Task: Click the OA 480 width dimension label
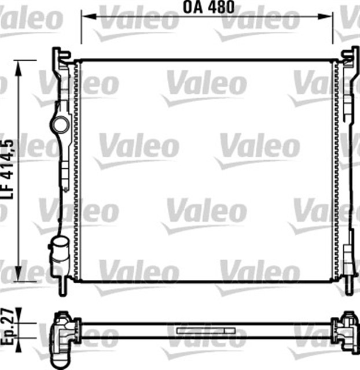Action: pos(209,8)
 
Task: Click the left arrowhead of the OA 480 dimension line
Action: pos(85,16)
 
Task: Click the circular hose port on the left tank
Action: pos(59,124)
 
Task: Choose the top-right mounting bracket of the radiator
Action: pos(350,58)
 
